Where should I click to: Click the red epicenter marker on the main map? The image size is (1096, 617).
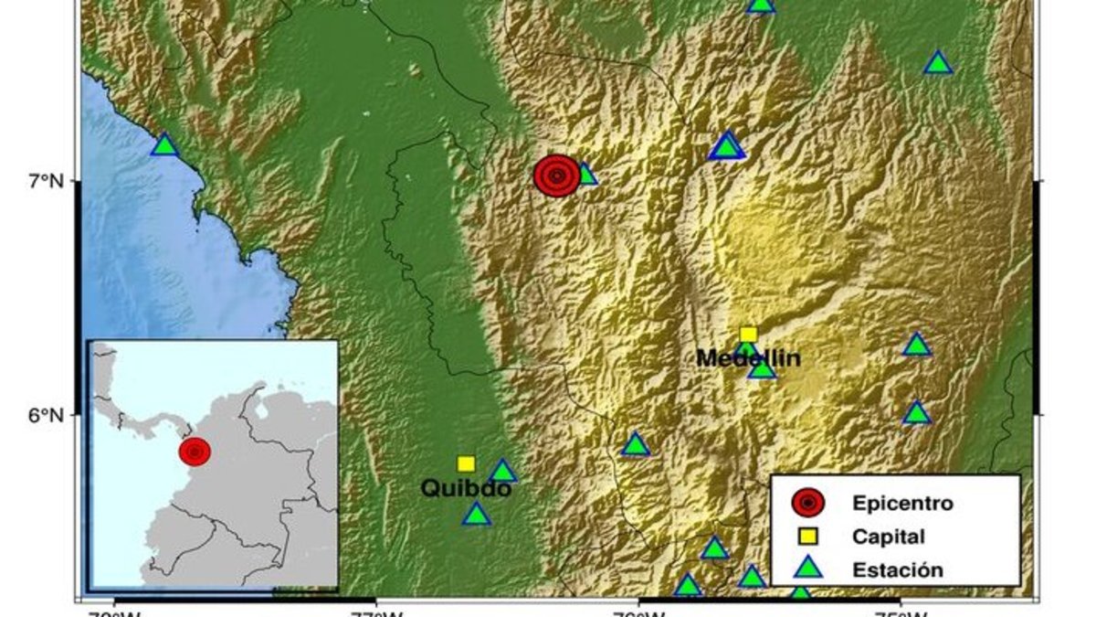click(556, 176)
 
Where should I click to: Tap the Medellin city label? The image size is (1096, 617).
click(748, 358)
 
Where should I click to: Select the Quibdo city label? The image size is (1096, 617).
click(465, 489)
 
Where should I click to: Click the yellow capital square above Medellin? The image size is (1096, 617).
click(748, 335)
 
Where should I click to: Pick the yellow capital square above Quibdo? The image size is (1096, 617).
click(466, 464)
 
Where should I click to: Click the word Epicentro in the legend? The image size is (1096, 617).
click(901, 503)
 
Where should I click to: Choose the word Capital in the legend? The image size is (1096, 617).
click(888, 537)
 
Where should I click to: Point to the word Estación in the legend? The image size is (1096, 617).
click(897, 570)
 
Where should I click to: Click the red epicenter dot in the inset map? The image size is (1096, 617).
click(195, 451)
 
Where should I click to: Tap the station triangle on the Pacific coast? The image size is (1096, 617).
click(164, 145)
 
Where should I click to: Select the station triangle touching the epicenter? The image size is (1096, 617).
click(586, 175)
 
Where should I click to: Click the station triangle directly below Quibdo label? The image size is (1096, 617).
click(476, 516)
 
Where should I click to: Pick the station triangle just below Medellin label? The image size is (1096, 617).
click(762, 368)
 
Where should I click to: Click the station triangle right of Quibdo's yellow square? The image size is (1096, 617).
click(503, 473)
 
